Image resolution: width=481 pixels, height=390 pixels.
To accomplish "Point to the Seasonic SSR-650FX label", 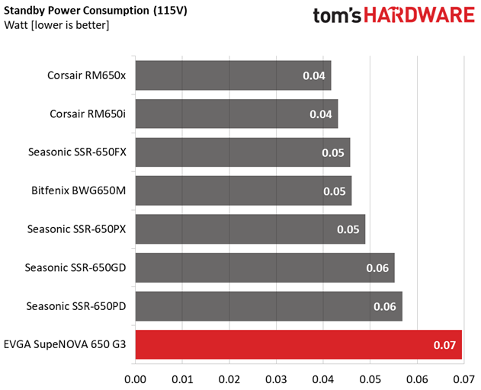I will (77, 152).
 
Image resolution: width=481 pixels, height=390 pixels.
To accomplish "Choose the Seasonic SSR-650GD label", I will (75, 267).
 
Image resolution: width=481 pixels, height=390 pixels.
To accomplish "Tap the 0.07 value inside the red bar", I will (444, 346).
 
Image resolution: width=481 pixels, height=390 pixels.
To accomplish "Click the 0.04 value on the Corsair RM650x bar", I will (313, 76).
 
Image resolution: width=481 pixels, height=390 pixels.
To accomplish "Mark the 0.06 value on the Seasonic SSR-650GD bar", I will (377, 268).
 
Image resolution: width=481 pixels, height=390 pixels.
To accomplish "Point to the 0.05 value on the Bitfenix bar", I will (334, 191).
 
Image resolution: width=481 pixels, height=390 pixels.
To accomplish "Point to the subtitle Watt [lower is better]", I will (56, 25).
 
